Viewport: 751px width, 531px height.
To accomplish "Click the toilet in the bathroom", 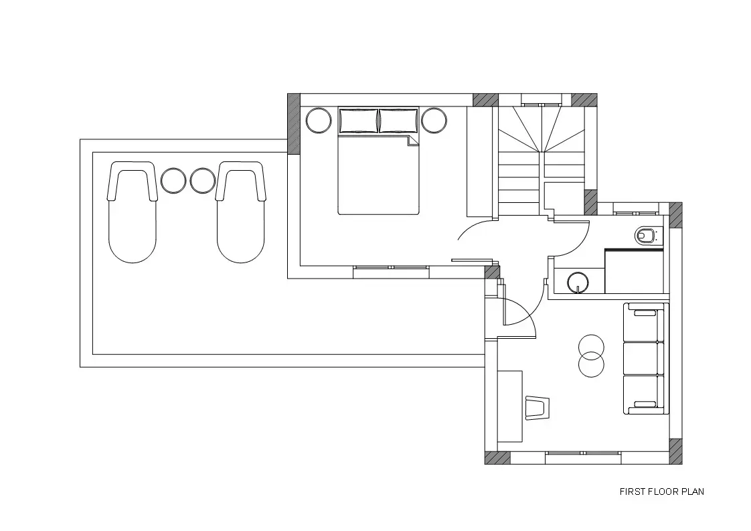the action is coord(646,236).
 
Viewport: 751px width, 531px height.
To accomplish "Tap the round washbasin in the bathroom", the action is coord(580,282).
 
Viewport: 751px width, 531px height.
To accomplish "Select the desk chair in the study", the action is coord(536,408).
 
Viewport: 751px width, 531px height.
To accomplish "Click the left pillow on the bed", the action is coord(358,121).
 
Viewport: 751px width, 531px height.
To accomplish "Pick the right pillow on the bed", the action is coord(398,121).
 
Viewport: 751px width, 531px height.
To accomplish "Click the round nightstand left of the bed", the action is coord(319,121).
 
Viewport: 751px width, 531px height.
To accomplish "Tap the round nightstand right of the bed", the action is coord(434,121).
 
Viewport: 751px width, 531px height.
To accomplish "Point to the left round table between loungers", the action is coord(173,180).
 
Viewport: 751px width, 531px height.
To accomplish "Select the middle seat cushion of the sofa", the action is coord(643,358).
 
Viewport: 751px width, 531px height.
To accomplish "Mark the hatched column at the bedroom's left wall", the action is coord(294,124).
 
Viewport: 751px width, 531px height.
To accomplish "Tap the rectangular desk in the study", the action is coord(510,406).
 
